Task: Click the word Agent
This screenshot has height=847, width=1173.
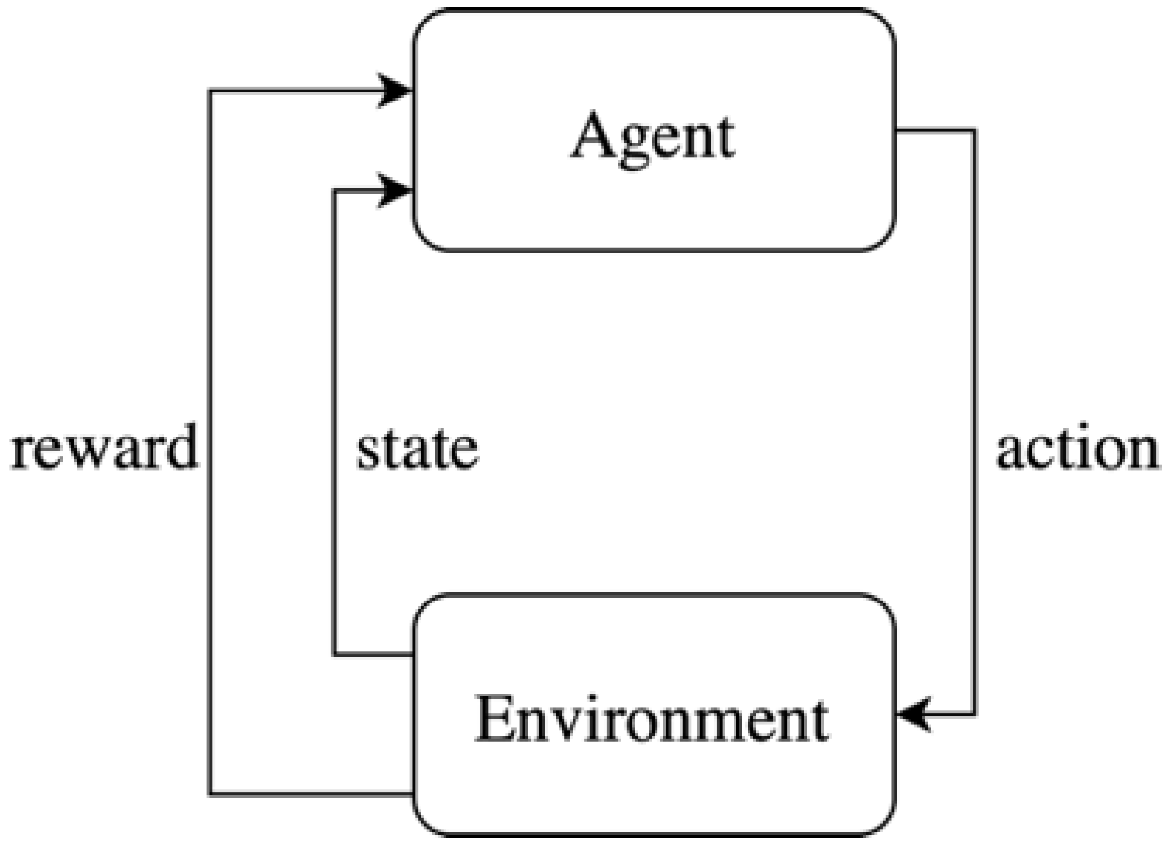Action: tap(652, 137)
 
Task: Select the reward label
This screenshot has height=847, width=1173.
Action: tap(105, 448)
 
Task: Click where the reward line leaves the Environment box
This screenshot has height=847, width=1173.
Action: tap(413, 794)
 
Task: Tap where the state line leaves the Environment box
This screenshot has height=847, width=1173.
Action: tap(413, 655)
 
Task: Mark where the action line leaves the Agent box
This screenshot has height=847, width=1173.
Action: tap(896, 131)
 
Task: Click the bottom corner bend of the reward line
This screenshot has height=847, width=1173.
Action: tap(210, 794)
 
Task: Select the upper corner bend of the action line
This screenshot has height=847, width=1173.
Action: tap(974, 131)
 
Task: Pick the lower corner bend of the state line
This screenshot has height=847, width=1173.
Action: tap(334, 655)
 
